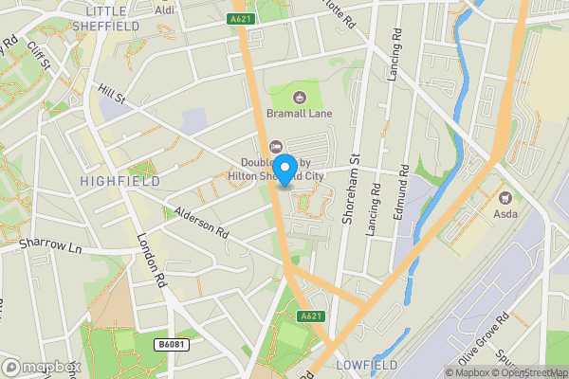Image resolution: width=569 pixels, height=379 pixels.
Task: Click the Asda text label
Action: tap(505, 216)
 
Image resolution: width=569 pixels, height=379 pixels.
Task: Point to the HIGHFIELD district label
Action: tap(112, 180)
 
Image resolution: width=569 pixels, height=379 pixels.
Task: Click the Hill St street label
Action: tap(112, 94)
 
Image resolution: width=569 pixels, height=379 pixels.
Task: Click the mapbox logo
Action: tap(41, 367)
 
